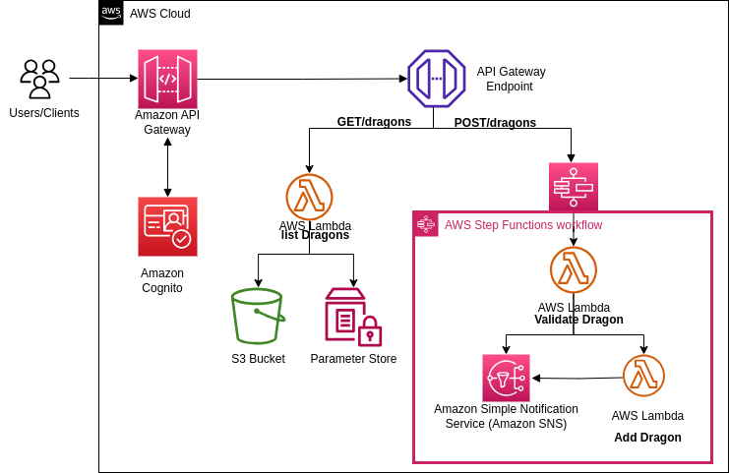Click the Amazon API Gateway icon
click(167, 79)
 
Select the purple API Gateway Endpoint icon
click(436, 79)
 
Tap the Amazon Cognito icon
click(167, 226)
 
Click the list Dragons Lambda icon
click(309, 197)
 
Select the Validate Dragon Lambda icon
click(574, 270)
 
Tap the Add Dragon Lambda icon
click(643, 376)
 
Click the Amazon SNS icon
click(506, 378)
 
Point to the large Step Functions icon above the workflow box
click(574, 186)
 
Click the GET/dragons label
click(374, 122)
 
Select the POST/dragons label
click(495, 123)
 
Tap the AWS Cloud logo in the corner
click(111, 13)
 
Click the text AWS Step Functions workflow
click(523, 225)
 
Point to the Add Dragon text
click(647, 438)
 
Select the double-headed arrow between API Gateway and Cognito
click(167, 166)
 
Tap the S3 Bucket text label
click(258, 359)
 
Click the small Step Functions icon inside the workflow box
click(426, 225)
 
